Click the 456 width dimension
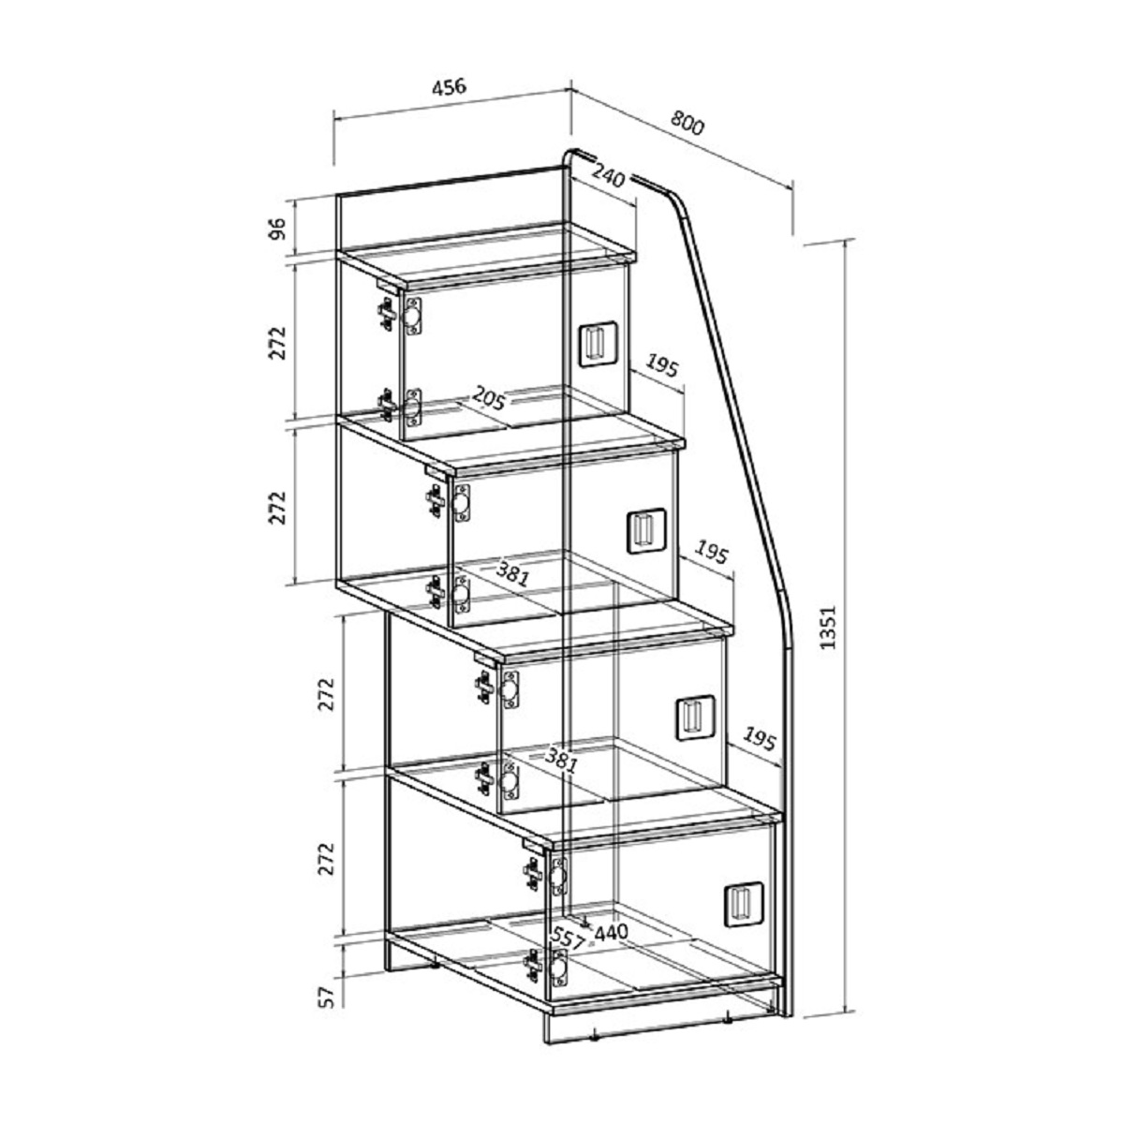[x=450, y=86]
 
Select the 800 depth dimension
[x=688, y=123]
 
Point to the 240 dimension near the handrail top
[x=608, y=174]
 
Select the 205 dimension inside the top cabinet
[x=488, y=397]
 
